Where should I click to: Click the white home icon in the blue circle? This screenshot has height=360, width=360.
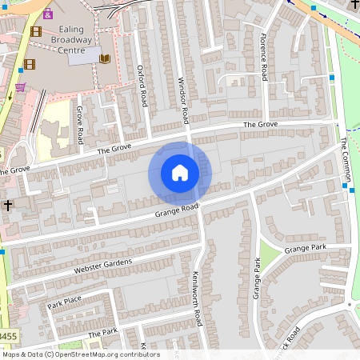179,172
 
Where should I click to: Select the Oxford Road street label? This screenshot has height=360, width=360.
143,86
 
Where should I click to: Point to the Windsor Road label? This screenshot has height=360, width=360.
183,101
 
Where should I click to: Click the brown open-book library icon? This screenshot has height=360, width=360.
104,58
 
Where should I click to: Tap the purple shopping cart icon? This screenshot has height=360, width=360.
20,86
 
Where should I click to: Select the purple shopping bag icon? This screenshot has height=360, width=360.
48,14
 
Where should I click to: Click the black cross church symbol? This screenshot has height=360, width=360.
8,206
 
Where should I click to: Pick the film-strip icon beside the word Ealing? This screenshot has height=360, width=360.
36,32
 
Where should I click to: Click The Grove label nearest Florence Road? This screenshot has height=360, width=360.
260,125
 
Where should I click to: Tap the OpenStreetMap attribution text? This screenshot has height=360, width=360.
80,354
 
